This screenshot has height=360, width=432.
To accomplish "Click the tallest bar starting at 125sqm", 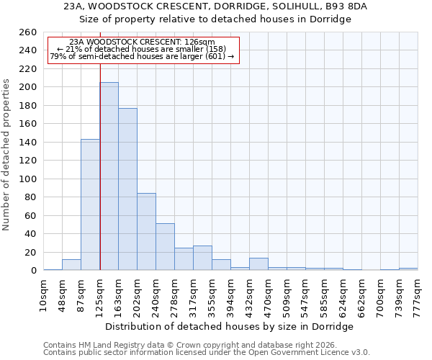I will pyautogui.click(x=109, y=176).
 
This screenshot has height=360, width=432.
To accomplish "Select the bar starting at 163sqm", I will pyautogui.click(x=127, y=189).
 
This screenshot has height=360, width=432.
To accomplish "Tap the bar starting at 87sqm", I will pyautogui.click(x=90, y=204).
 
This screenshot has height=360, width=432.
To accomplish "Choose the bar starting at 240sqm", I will pyautogui.click(x=165, y=247).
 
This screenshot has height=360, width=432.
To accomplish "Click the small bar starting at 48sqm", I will pyautogui.click(x=71, y=265).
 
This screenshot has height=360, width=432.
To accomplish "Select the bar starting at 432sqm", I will pyautogui.click(x=258, y=264).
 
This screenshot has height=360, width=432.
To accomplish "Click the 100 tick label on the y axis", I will pyautogui.click(x=29, y=179).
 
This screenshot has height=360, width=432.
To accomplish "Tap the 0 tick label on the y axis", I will pyautogui.click(x=34, y=271).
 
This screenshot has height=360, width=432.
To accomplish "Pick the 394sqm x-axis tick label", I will pyautogui.click(x=230, y=295).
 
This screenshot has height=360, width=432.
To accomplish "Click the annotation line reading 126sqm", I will pyautogui.click(x=142, y=42).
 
